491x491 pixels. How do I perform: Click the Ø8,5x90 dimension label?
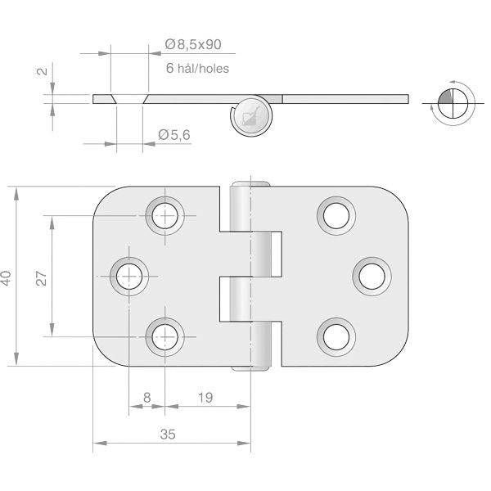point(193,44)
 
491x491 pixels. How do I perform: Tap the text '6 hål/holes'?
point(197,68)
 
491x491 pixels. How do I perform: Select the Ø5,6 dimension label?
point(174,135)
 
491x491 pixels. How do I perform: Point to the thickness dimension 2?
point(43,71)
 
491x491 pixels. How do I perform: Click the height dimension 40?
point(7,278)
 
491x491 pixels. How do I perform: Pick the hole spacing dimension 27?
point(42,277)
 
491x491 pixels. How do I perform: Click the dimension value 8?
point(146,398)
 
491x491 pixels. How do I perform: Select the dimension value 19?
point(205,398)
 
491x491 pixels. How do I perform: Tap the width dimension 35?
point(168,435)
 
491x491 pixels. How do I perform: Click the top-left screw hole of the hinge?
point(165,216)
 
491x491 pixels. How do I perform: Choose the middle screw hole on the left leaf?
point(129,277)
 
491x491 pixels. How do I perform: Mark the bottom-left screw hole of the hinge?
point(165,337)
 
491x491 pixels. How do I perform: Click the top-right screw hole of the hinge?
point(336,216)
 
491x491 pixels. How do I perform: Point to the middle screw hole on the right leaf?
point(372,277)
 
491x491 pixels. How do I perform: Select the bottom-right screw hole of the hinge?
point(336,337)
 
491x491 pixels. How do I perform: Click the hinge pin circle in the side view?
point(251,115)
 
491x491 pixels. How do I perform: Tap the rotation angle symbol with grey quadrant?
point(453,103)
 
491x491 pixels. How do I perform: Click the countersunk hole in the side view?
point(129,99)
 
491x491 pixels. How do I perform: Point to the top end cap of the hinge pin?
point(251,184)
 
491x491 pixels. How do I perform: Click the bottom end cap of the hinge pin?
point(251,368)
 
